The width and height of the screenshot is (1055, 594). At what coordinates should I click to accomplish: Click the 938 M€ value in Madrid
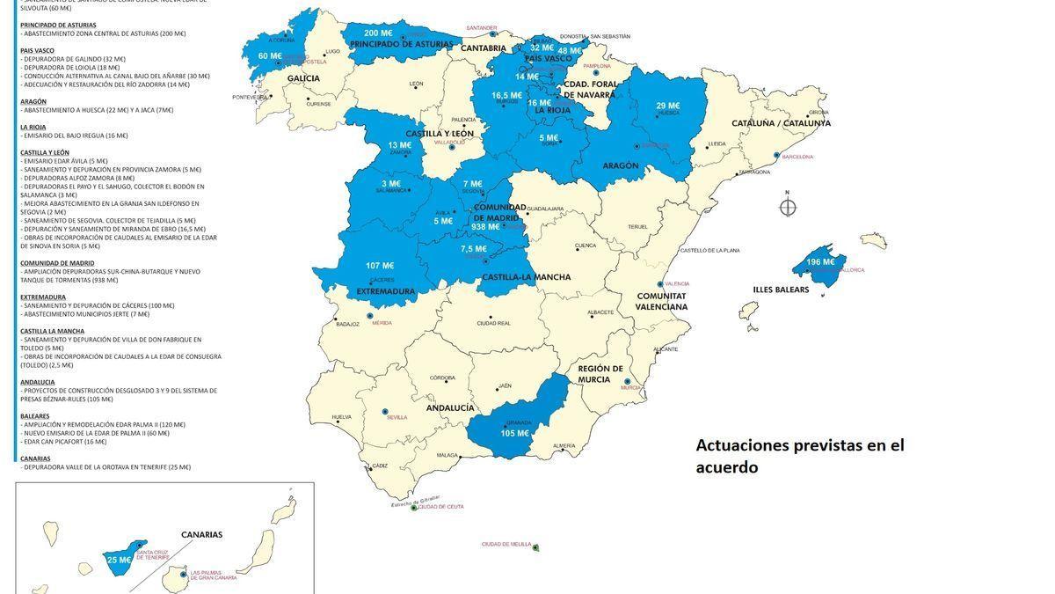tap(485, 227)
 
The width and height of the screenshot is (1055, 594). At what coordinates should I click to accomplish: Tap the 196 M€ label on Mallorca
tap(820, 262)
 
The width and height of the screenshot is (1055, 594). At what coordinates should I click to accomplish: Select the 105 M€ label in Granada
tap(514, 434)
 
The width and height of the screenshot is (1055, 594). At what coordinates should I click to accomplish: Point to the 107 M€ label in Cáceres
tap(380, 266)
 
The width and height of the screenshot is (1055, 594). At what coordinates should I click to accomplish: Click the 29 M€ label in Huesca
tap(668, 106)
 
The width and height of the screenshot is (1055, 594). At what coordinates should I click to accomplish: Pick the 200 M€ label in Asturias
tap(378, 33)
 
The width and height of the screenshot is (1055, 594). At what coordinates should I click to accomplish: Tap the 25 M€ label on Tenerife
tap(119, 560)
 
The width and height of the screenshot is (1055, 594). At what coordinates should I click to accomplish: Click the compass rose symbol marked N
tap(788, 207)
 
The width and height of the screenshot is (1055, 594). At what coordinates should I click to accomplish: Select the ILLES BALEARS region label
tap(781, 290)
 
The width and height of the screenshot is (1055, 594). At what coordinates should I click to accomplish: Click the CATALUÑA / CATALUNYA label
tap(781, 123)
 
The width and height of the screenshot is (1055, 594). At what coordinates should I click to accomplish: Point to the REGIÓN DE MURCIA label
tap(600, 374)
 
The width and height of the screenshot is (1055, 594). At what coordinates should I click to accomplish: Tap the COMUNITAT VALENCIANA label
tap(662, 302)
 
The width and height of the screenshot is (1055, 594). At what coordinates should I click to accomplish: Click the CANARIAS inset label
tap(201, 534)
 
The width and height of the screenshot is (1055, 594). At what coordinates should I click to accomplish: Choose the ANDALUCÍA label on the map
tap(450, 408)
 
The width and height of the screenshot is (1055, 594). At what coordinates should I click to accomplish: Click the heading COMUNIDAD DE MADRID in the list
tap(57, 263)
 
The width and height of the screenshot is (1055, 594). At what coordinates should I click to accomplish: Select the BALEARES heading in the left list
tap(35, 416)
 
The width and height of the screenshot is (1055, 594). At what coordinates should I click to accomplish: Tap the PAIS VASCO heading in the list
tap(38, 50)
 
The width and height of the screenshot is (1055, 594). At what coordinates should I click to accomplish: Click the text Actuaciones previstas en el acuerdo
tap(799, 456)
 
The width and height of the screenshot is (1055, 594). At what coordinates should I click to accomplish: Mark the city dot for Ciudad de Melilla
tap(535, 548)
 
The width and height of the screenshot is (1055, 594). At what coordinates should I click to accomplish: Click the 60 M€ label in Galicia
tap(264, 56)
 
